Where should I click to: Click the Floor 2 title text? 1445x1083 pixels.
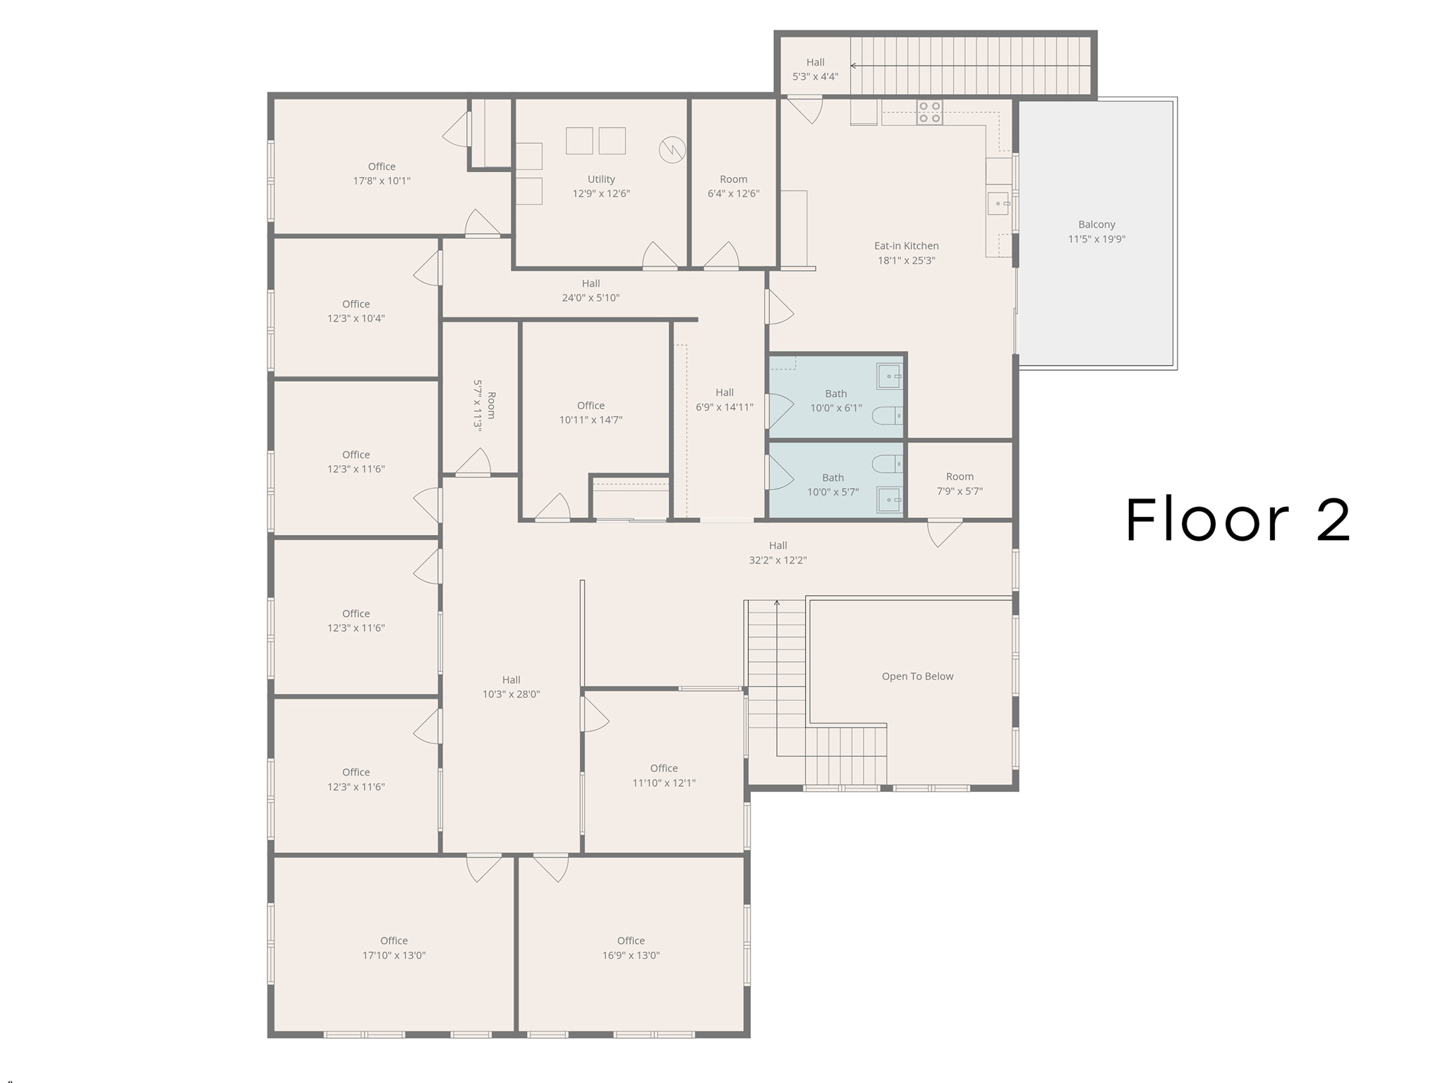[x=1238, y=520]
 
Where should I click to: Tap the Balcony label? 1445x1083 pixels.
[x=1096, y=225]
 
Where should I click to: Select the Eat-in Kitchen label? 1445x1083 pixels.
[x=906, y=246]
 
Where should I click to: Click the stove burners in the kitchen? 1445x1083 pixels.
[x=929, y=113]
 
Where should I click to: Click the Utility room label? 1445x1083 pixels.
[x=601, y=180]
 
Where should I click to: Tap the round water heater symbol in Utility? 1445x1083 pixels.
[x=672, y=149]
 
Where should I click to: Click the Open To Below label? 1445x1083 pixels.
[x=917, y=676]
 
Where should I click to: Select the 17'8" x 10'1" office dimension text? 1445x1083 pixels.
[x=382, y=181]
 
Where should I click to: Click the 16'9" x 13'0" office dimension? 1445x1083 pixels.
[x=631, y=955]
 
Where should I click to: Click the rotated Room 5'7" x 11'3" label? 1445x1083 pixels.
[x=485, y=405]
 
